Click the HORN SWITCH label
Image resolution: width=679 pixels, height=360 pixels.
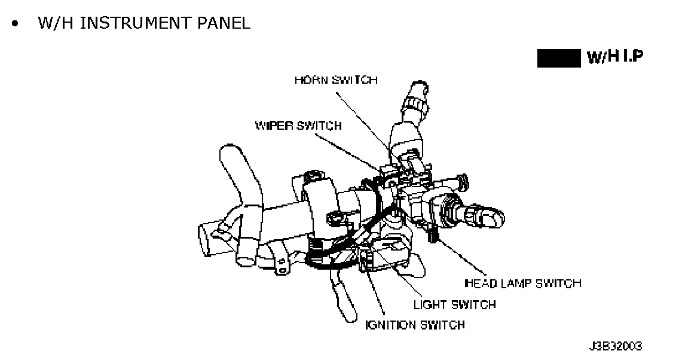tap(336, 80)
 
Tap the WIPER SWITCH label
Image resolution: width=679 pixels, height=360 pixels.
tap(298, 126)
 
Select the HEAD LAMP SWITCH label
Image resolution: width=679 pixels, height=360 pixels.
tap(522, 283)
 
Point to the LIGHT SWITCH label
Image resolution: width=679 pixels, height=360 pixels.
tap(454, 304)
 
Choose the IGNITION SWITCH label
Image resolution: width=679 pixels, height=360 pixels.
tap(415, 325)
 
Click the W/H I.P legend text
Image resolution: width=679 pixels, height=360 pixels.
tap(616, 58)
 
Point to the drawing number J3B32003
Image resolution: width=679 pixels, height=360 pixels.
tap(616, 346)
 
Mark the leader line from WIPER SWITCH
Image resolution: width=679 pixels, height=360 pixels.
tap(350, 152)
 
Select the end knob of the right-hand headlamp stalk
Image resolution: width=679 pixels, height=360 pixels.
tap(490, 216)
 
